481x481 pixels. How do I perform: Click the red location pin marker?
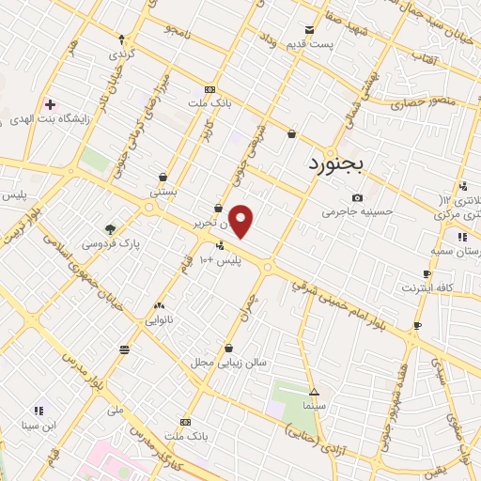point(241,222)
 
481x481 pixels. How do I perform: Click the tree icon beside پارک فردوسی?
point(111,228)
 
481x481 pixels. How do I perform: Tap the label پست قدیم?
point(310,45)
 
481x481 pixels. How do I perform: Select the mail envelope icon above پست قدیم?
point(309,30)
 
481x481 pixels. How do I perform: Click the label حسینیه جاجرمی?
point(355,212)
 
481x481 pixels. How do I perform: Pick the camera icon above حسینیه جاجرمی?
point(357,197)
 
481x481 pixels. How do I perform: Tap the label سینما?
point(315,406)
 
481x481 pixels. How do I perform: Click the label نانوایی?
point(160,319)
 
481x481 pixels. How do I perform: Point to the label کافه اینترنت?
point(427,287)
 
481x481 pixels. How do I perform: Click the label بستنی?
point(164,191)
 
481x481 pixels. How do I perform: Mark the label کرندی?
point(123,54)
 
